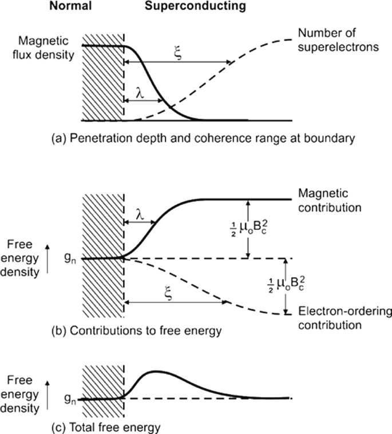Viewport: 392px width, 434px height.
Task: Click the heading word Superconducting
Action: [195, 7]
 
